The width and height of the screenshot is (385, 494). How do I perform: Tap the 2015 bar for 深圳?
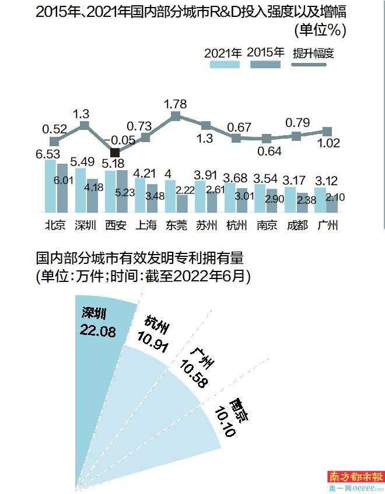coord(91,196)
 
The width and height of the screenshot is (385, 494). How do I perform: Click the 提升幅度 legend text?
coord(316,53)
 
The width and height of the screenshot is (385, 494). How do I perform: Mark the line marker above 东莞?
coord(175,117)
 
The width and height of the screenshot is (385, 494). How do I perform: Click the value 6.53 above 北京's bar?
coord(47,154)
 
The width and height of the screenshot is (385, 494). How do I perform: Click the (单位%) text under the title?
coord(320,30)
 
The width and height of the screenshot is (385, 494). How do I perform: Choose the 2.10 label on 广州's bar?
coord(335,197)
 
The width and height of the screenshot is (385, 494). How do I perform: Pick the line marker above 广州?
coord(327,132)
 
